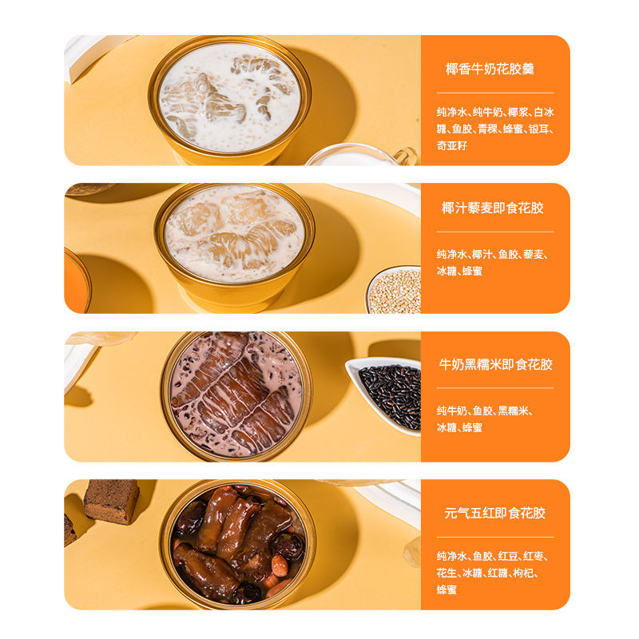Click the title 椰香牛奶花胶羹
pos(490,69)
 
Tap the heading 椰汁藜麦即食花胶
pos(493,208)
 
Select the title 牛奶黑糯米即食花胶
pos(495,364)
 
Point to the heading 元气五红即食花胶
pos(494,513)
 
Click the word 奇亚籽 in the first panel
pos(451,145)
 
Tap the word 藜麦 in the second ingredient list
pos(534,254)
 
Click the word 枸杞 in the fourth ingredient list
pos(523,573)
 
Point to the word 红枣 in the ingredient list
pos(534,556)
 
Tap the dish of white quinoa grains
pos(394,290)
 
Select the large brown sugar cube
pos(112,501)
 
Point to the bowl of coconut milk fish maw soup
pos(229,101)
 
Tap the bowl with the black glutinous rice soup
pos(236,396)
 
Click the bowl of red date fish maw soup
pos(237,545)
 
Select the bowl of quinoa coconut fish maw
pos(234,248)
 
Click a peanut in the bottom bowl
pos(280,566)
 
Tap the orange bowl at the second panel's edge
pos(77,281)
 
